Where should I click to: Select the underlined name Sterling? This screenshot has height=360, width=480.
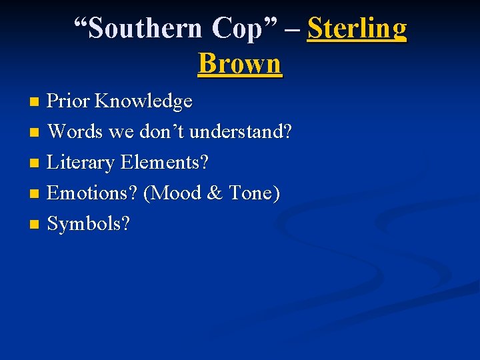357,29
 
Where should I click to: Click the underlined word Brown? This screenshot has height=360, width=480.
240,64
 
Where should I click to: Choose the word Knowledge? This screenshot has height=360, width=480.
143,101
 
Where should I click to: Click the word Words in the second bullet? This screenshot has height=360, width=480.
75,132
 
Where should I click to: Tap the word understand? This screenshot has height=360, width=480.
241,132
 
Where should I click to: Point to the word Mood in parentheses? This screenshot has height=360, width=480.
173,193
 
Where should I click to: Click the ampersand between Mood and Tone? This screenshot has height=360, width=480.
215,193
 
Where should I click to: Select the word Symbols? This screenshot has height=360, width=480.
89,224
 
